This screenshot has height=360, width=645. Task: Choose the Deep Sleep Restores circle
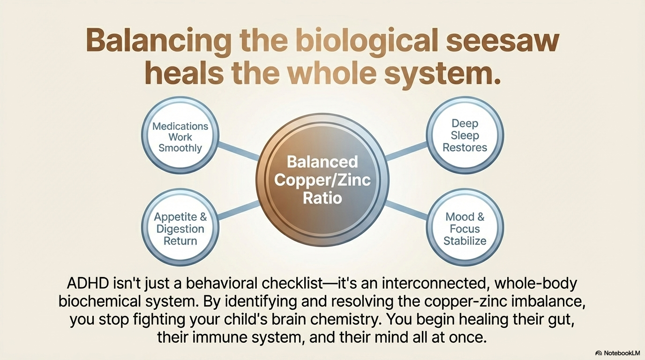click(465, 135)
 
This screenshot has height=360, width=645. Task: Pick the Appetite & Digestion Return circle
click(180, 229)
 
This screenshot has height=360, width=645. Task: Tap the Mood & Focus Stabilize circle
click(465, 229)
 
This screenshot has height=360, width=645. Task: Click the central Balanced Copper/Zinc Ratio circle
click(322, 180)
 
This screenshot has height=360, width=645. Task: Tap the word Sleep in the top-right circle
click(465, 135)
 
